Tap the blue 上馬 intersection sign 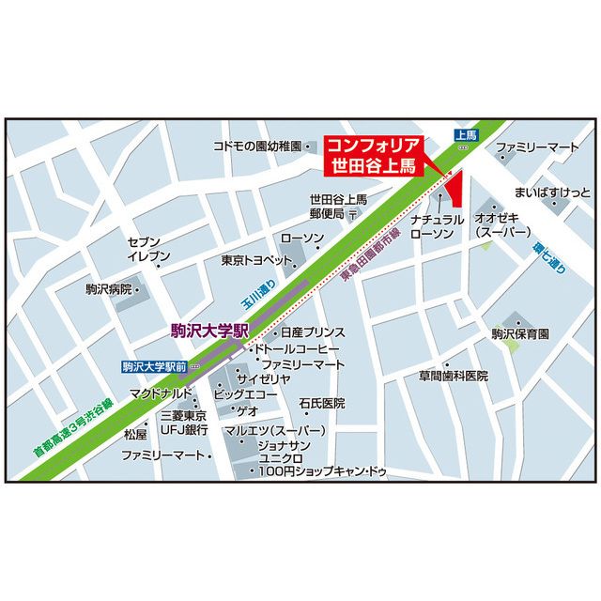click(466, 136)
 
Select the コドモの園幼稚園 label click(256, 147)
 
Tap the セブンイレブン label click(149, 249)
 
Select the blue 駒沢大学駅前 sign click(154, 365)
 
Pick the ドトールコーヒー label click(300, 348)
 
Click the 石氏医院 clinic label click(322, 403)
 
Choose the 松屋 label click(135, 435)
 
